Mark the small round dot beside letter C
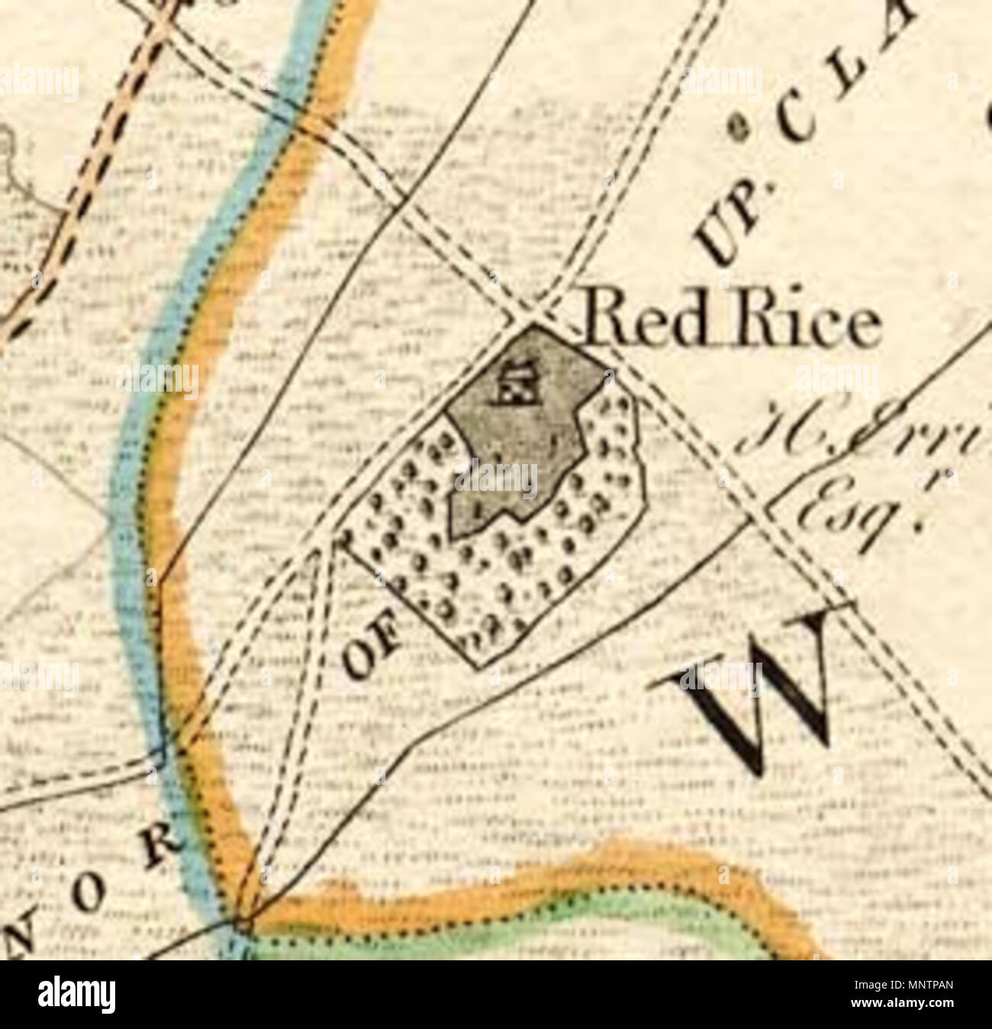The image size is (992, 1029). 738,127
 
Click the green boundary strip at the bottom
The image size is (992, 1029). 534,927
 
